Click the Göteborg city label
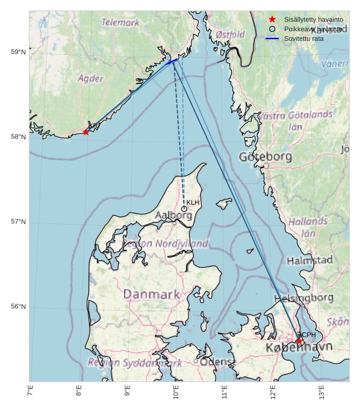pyautogui.click(x=265, y=157)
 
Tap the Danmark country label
pyautogui.click(x=152, y=294)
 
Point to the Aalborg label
pyautogui.click(x=173, y=215)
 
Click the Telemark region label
pyautogui.click(x=120, y=22)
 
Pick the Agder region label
pyautogui.click(x=90, y=78)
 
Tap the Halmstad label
pyautogui.click(x=309, y=261)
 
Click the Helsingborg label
pyautogui.click(x=304, y=298)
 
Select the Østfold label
pyautogui.click(x=230, y=35)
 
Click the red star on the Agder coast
pyautogui.click(x=86, y=131)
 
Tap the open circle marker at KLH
pyautogui.click(x=184, y=209)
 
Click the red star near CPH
pyautogui.click(x=299, y=341)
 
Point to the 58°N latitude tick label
pyautogui.click(x=19, y=137)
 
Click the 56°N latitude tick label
pyautogui.click(x=19, y=307)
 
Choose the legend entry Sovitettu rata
pyautogui.click(x=304, y=39)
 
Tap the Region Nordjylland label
pyautogui.click(x=166, y=244)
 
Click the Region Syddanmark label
pyautogui.click(x=135, y=363)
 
